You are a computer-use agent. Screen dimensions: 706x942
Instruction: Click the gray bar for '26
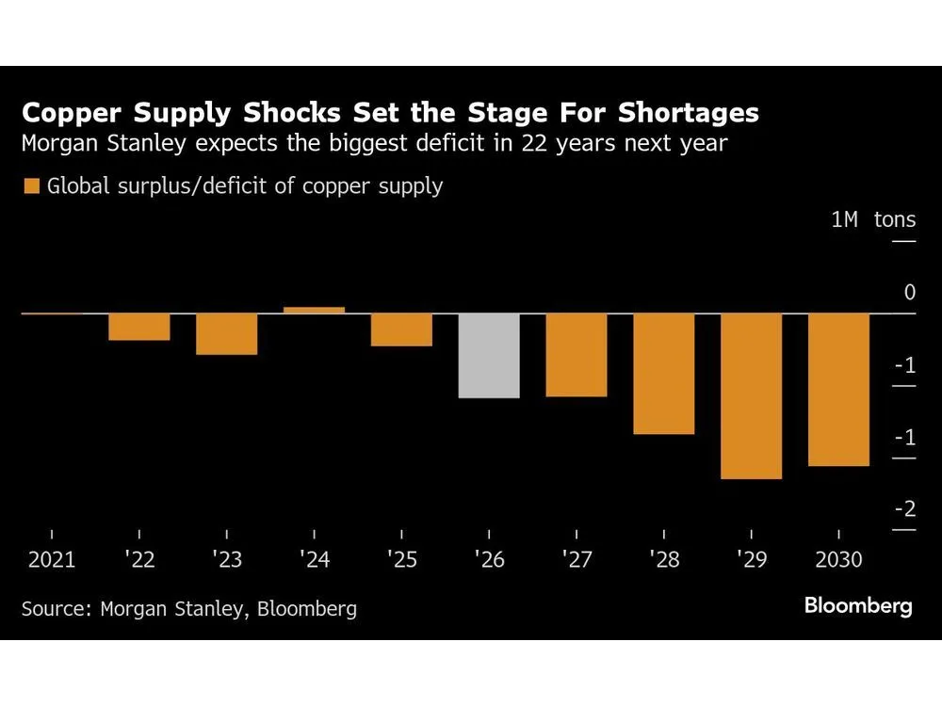click(x=489, y=355)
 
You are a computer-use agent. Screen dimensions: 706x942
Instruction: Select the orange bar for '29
click(x=751, y=395)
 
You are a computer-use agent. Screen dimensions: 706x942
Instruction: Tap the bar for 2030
click(x=838, y=389)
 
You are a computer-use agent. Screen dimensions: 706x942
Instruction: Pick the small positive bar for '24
click(x=314, y=310)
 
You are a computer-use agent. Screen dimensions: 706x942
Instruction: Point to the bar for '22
click(x=139, y=327)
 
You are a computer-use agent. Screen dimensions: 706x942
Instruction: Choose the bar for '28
click(x=663, y=373)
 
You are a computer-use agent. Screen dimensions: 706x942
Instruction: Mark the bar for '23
click(x=226, y=333)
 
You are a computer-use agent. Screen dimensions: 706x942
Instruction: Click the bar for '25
click(x=401, y=329)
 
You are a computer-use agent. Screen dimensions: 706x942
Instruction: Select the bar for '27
click(x=577, y=354)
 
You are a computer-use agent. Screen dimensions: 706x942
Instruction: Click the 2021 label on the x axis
click(x=51, y=560)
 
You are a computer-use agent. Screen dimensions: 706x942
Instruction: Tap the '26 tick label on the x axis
click(x=489, y=560)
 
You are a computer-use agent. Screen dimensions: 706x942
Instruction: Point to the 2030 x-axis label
click(x=838, y=560)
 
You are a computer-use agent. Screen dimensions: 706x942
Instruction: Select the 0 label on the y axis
click(x=909, y=293)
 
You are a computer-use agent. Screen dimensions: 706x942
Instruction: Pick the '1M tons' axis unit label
click(x=873, y=220)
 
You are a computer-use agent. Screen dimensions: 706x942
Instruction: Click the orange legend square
click(x=31, y=186)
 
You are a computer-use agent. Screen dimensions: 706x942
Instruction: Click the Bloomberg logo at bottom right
click(x=858, y=606)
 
